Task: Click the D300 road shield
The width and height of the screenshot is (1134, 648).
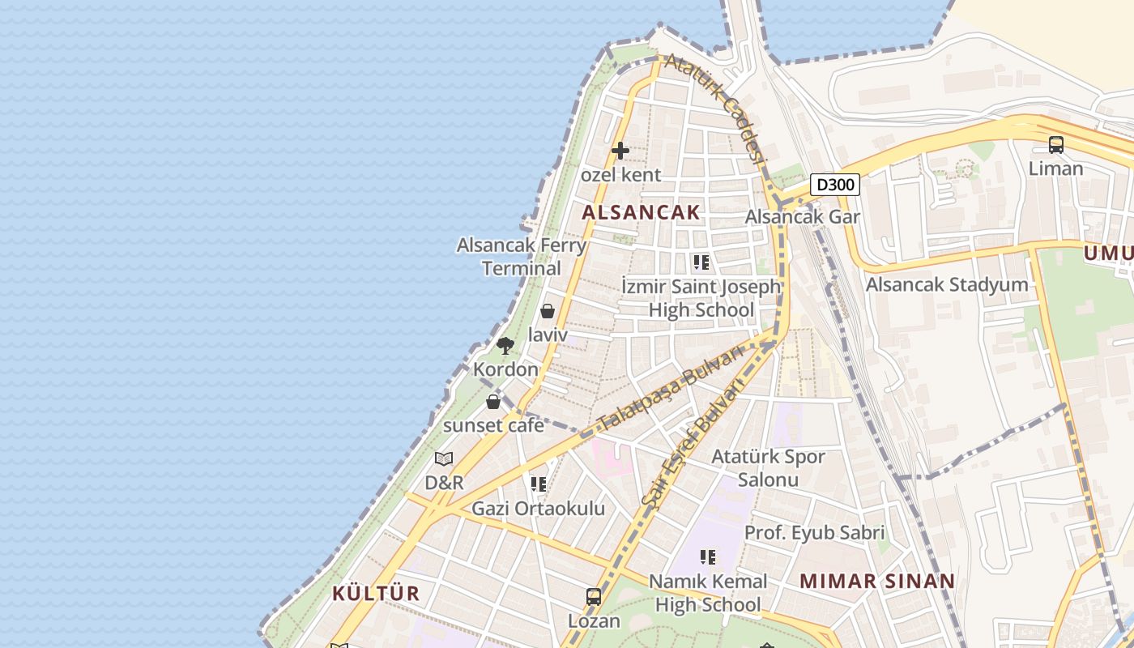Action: coord(835,185)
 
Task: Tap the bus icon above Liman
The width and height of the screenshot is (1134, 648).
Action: coord(1056,145)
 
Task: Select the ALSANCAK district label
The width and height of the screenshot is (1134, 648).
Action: coord(641,212)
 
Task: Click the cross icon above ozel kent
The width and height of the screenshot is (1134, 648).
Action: coord(620,151)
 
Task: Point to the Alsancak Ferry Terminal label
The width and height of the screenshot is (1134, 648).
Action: coord(522,256)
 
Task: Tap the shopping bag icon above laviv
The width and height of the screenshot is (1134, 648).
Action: coord(548,310)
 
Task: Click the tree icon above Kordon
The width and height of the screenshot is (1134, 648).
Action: coord(505,346)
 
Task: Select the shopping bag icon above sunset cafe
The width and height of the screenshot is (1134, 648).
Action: coord(493,401)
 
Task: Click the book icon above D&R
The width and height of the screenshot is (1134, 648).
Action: coord(444,459)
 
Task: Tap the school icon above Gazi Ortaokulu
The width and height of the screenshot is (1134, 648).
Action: coord(539,484)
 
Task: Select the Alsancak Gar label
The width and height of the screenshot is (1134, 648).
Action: coord(802,216)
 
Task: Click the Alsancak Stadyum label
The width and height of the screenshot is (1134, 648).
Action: coord(947,284)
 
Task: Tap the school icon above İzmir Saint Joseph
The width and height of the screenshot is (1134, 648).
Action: coord(701,262)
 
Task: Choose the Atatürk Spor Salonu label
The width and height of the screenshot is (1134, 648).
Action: coord(768,467)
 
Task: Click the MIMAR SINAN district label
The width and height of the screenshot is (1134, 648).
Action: coord(877,581)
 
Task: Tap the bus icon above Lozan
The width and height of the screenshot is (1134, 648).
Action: coord(594,597)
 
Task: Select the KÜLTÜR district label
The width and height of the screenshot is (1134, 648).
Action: coord(376,593)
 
